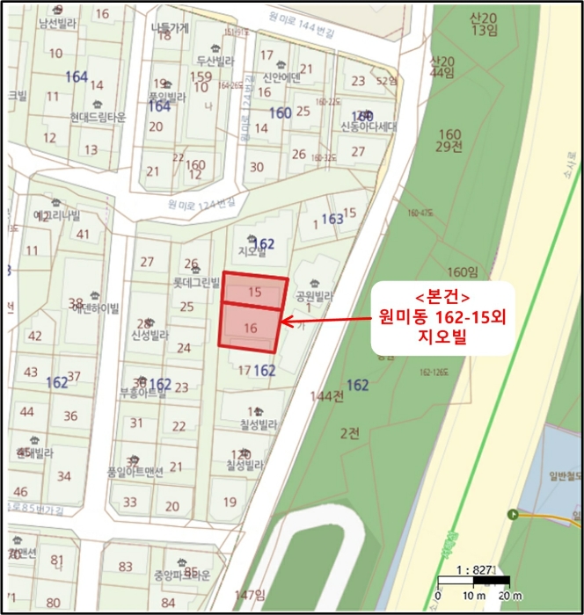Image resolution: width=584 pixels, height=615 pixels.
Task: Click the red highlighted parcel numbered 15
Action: tap(254, 291)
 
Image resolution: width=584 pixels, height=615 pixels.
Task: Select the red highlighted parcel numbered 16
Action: tap(250, 328)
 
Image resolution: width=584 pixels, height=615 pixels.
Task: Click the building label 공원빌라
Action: tap(314, 295)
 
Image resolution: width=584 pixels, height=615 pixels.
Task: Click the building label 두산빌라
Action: tap(215, 61)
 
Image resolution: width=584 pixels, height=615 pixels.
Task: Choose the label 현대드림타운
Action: tap(99, 117)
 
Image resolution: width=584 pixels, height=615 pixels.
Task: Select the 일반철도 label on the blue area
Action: tap(556, 475)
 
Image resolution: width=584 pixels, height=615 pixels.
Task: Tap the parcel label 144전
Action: tap(326, 397)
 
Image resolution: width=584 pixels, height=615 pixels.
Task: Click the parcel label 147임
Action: tap(250, 595)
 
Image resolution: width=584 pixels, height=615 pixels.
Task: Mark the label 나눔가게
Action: tap(171, 27)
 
